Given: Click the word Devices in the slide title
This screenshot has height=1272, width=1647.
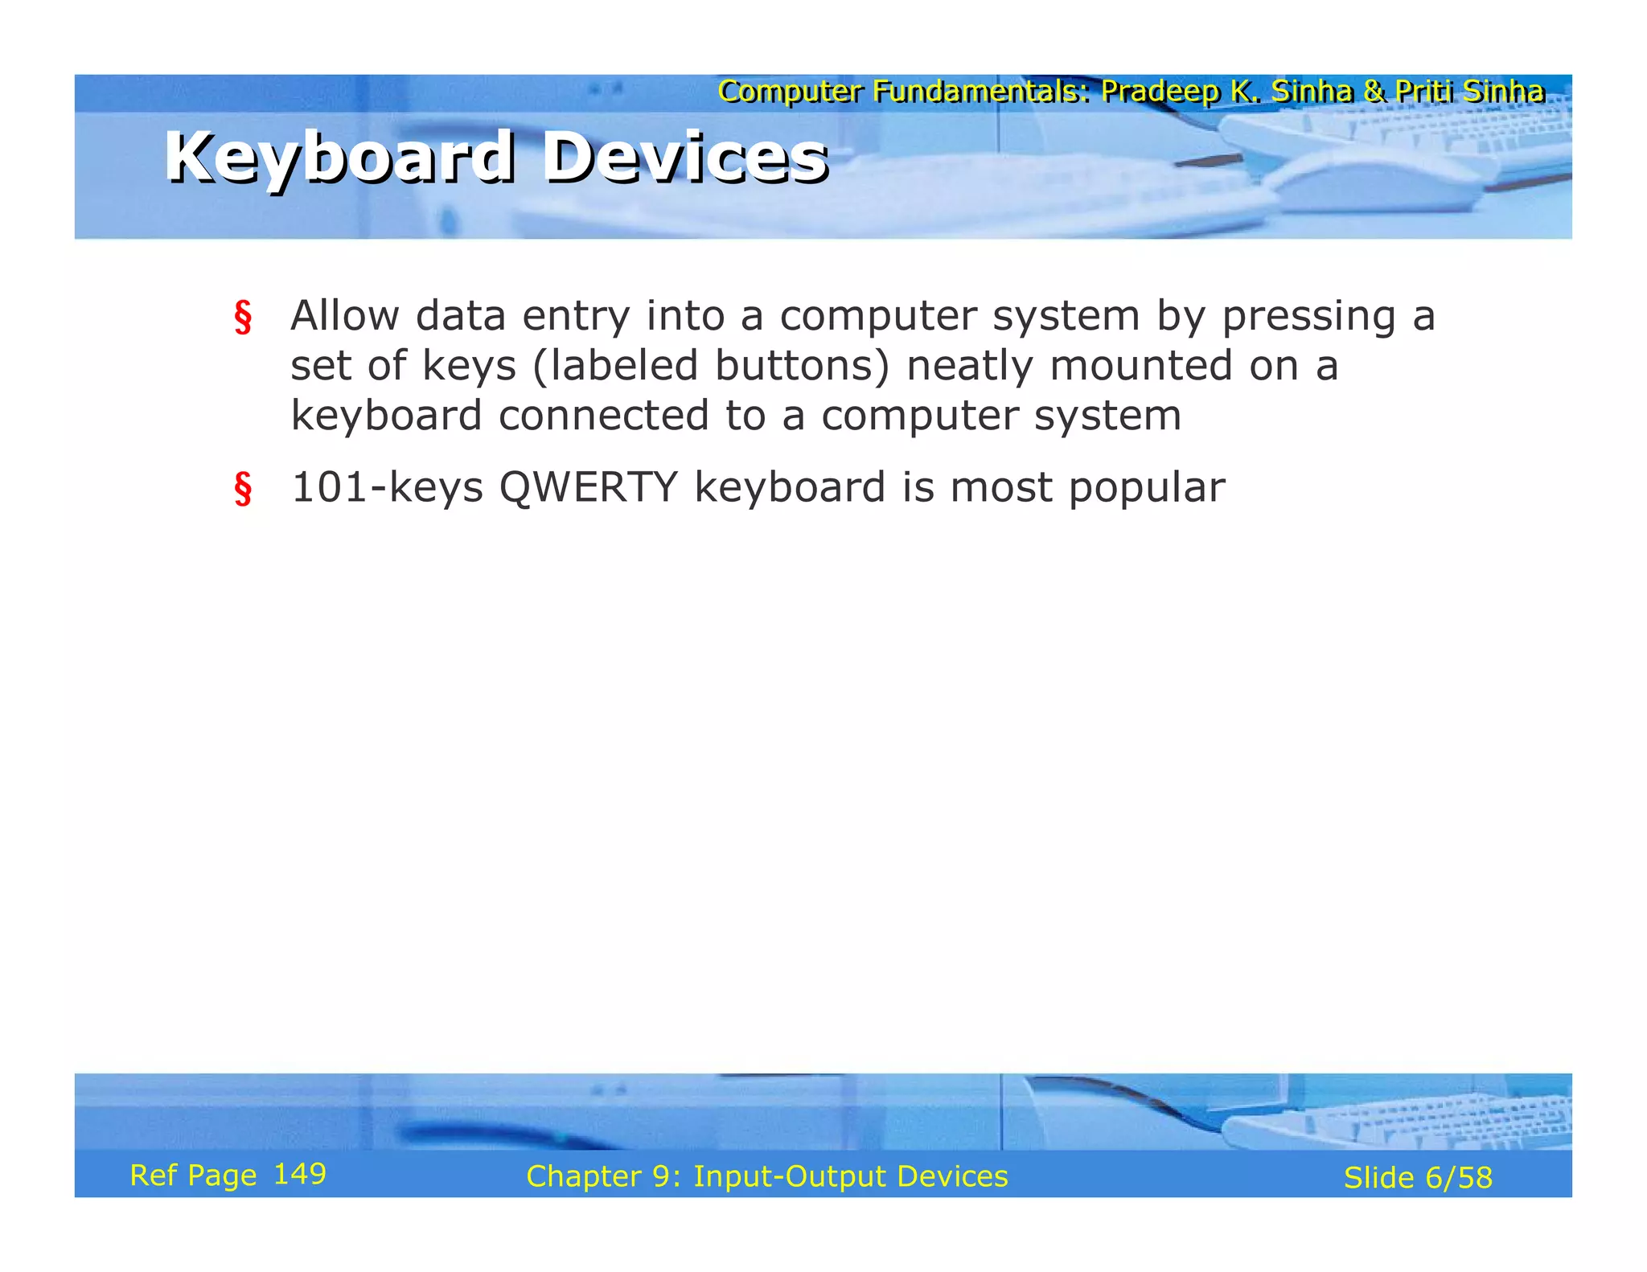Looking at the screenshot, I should pos(685,158).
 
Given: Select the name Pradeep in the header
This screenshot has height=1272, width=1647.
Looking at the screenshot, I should pos(1160,92).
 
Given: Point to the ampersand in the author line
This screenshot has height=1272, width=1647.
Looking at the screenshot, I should pos(1374,92).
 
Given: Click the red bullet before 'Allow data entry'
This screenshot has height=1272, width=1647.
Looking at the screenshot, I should pos(243,317).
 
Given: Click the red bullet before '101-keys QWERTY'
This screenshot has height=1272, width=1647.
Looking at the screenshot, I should pos(243,489).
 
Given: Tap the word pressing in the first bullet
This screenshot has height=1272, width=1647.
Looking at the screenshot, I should pos(1308,317).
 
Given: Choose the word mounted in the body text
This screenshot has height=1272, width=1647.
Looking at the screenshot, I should pos(1141,366).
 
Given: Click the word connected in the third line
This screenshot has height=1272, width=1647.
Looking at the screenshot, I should pos(603,416).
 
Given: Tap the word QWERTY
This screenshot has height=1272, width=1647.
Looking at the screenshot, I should pos(588,488).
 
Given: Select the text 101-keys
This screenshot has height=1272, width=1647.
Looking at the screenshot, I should pos(387,489).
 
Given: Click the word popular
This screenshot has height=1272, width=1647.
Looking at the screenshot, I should pos(1147,489).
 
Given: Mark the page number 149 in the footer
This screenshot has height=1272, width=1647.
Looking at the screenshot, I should pos(300,1174).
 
